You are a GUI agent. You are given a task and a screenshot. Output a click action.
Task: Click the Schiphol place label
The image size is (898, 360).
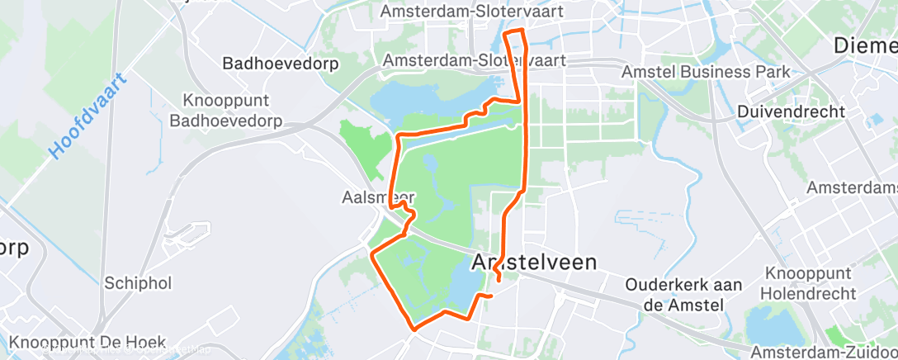coord(138,283)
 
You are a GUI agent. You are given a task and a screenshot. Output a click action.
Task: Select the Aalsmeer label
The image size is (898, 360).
coord(377,198)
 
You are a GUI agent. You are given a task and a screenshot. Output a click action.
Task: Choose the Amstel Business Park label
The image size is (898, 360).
coord(707,72)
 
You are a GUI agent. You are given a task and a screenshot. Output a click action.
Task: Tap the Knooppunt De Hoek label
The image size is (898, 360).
coord(88,342)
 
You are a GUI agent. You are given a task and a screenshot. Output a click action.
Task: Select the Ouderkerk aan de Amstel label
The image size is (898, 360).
coord(675,294)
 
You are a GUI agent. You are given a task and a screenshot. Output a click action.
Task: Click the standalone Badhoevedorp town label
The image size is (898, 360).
coord(281,63)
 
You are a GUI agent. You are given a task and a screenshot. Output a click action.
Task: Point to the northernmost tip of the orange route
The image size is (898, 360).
coord(515,31)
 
